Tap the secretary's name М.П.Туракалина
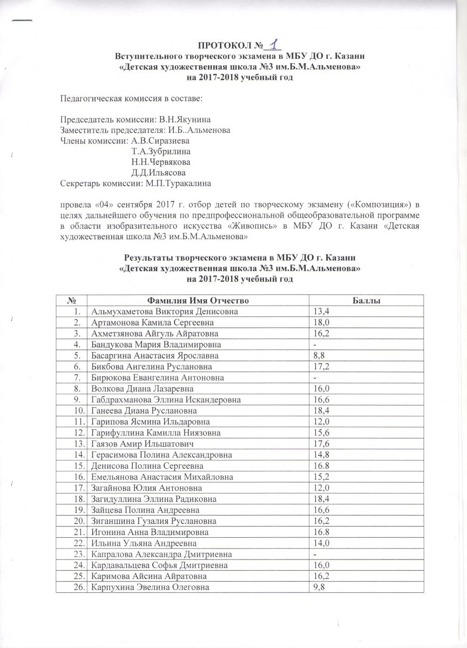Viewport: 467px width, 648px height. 178,183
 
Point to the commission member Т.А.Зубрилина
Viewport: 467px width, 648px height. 160,151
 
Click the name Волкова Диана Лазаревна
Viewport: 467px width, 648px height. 134,389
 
